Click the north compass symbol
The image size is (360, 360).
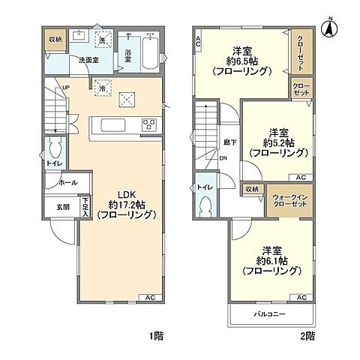click(x=328, y=29)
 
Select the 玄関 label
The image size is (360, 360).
click(x=61, y=208)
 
